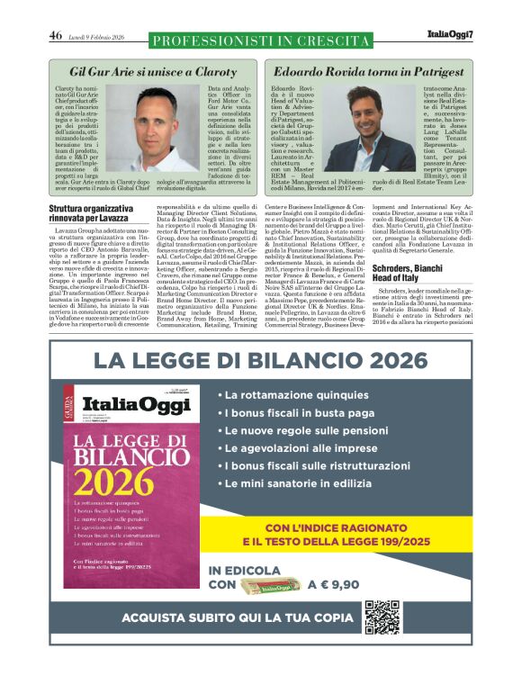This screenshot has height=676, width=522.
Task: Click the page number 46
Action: point(55,36)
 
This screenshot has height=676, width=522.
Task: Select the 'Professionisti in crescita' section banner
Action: point(260,40)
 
